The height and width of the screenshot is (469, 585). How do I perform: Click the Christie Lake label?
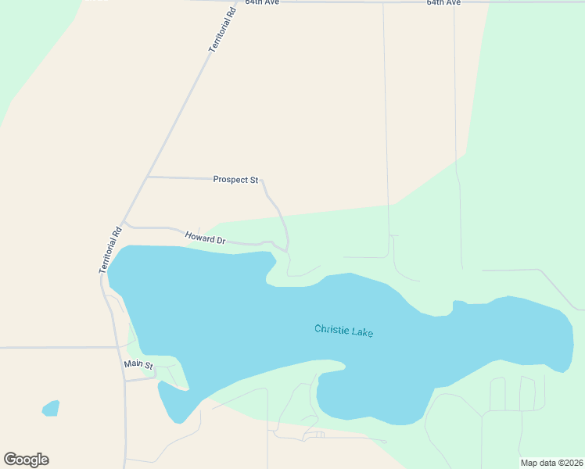point(343,331)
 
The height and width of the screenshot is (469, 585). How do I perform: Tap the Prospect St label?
point(235,180)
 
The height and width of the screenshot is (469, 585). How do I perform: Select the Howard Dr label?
point(205,237)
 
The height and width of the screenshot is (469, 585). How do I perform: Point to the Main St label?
point(139,365)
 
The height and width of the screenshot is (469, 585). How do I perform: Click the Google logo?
point(26,460)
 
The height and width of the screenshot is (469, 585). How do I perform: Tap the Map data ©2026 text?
point(551,463)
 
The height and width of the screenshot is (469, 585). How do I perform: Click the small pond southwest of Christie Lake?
point(50,408)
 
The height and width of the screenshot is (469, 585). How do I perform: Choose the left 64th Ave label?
point(262,3)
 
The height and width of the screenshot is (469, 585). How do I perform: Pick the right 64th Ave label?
point(443,3)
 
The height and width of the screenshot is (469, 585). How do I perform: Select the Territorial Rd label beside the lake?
point(111,249)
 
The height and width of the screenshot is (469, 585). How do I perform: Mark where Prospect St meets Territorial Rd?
point(147,177)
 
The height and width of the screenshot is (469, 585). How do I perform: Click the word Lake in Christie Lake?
point(362,332)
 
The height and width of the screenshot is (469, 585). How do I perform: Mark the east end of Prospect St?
point(262,180)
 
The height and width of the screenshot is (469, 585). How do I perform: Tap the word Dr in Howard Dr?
point(220,241)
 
